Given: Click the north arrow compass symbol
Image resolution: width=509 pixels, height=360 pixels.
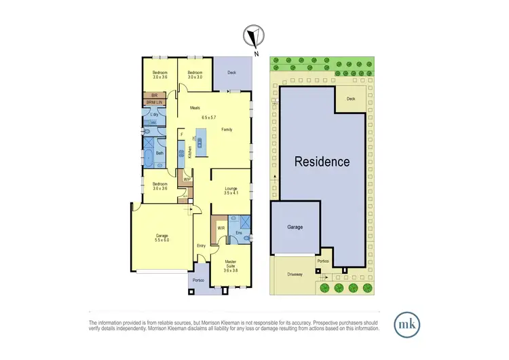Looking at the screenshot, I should (254, 38).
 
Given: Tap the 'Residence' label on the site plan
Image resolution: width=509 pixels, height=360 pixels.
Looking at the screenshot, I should (322, 162).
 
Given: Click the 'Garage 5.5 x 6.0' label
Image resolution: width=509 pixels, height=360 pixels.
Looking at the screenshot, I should (161, 238).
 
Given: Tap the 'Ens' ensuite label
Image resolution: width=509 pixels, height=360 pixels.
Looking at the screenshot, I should (238, 233).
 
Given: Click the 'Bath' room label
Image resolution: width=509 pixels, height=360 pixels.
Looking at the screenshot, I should (160, 154).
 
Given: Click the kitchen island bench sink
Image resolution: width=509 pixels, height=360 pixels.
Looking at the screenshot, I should (201, 141).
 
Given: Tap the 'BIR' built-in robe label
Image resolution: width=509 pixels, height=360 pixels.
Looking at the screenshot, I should (154, 96).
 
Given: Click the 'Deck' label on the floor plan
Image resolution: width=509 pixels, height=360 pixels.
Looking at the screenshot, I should (231, 71).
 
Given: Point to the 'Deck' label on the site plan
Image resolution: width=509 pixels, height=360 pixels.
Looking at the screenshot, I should (350, 98).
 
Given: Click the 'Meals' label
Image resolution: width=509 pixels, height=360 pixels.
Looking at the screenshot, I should (195, 107).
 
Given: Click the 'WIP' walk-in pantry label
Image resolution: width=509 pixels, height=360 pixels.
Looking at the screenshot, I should (187, 179).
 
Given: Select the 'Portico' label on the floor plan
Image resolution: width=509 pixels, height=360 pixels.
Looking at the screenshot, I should (198, 279).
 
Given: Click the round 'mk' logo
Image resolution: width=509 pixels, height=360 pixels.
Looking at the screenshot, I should (407, 322).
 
